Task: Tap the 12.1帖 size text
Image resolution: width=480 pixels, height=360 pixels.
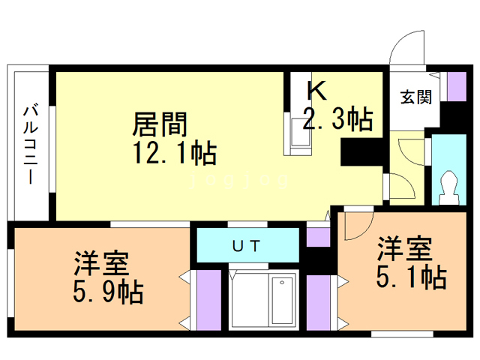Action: pyautogui.click(x=175, y=152)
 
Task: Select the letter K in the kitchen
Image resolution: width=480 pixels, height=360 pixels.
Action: pyautogui.click(x=316, y=90)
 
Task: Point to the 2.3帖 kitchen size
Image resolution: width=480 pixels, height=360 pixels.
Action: pyautogui.click(x=338, y=118)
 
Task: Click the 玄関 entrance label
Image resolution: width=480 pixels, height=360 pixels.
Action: pyautogui.click(x=416, y=97)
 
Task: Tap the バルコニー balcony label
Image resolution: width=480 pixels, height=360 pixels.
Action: pyautogui.click(x=31, y=144)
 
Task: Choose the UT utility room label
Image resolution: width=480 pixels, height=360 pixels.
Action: pyautogui.click(x=247, y=245)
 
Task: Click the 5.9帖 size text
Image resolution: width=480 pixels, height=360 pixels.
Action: pyautogui.click(x=108, y=292)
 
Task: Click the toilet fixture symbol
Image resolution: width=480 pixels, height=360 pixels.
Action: pyautogui.click(x=449, y=188)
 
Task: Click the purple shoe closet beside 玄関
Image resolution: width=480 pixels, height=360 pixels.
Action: pyautogui.click(x=457, y=87)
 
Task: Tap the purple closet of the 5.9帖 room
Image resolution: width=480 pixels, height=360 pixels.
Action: pyautogui.click(x=208, y=300)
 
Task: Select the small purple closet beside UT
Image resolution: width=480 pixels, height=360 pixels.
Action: pyautogui.click(x=318, y=237)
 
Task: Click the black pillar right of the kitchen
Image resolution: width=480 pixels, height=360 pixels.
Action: pyautogui.click(x=361, y=152)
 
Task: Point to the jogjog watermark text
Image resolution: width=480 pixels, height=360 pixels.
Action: pyautogui.click(x=239, y=181)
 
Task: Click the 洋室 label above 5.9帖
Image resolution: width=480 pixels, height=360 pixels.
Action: pyautogui.click(x=101, y=263)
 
